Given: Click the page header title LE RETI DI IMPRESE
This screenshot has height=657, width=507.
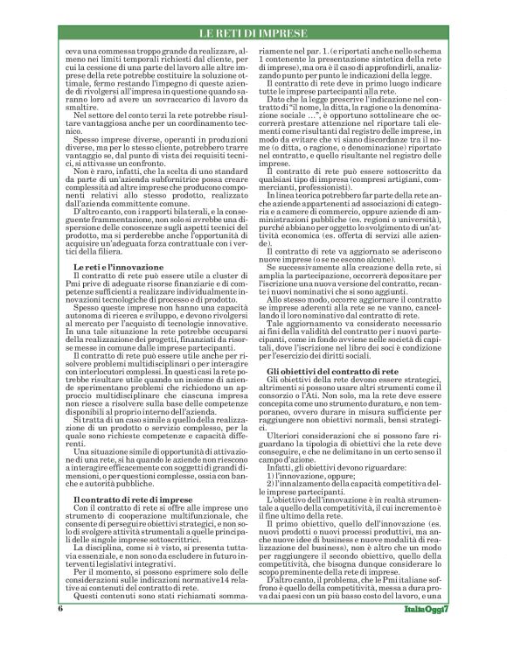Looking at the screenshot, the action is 253,33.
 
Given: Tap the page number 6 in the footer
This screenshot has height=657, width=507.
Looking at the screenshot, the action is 60,631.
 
